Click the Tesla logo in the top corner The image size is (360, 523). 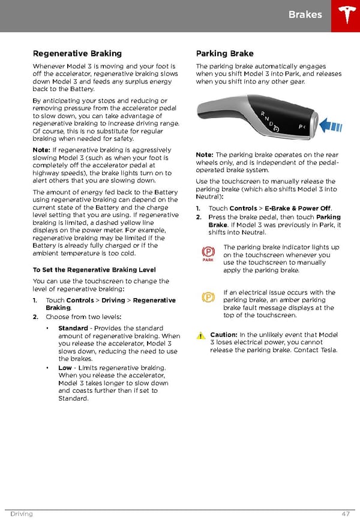[x=346, y=16]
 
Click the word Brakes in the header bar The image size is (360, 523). [x=305, y=14]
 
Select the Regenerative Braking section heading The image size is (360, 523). [x=77, y=53]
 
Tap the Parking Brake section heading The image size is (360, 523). [x=224, y=53]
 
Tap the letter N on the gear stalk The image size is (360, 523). [x=268, y=119]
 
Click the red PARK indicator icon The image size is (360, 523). [x=208, y=254]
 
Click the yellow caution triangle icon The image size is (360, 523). [x=201, y=335]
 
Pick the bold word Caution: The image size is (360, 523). [x=223, y=335]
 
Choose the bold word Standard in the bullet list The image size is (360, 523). [x=73, y=328]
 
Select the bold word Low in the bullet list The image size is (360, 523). [x=65, y=368]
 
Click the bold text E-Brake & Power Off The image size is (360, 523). [x=298, y=209]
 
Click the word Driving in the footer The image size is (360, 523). [x=22, y=514]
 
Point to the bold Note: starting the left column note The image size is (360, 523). [x=41, y=150]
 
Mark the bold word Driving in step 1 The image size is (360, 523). [x=113, y=300]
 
